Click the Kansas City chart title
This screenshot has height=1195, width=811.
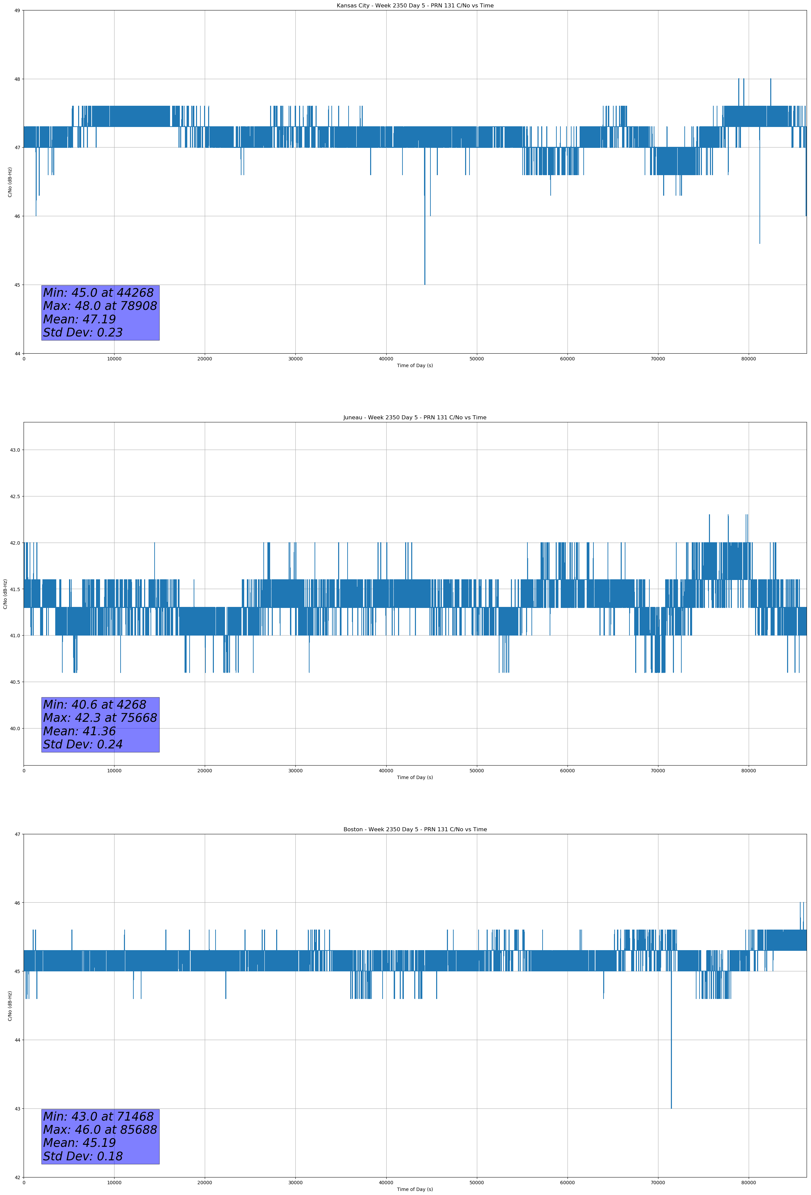(x=415, y=6)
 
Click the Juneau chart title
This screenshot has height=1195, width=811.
(x=415, y=418)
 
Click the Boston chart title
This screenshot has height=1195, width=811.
(x=415, y=830)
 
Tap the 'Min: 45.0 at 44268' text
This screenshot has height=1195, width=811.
(x=98, y=293)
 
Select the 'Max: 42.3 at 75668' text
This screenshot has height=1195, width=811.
(x=100, y=718)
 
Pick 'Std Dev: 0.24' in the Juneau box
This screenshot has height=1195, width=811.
(x=83, y=745)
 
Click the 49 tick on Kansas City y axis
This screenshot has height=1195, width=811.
(x=17, y=10)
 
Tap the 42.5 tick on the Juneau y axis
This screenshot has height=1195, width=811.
(x=15, y=496)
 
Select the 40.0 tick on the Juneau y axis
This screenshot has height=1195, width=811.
(x=15, y=728)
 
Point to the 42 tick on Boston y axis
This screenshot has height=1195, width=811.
(x=17, y=1177)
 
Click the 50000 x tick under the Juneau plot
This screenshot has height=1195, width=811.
(x=477, y=770)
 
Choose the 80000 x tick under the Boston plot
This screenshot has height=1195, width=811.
(x=748, y=1183)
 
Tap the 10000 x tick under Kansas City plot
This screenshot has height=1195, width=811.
(x=114, y=359)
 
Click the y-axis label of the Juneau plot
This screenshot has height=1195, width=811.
(x=5, y=594)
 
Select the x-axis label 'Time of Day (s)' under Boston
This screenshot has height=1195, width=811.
(x=415, y=1189)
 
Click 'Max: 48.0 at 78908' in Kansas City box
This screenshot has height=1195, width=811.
(x=100, y=306)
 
